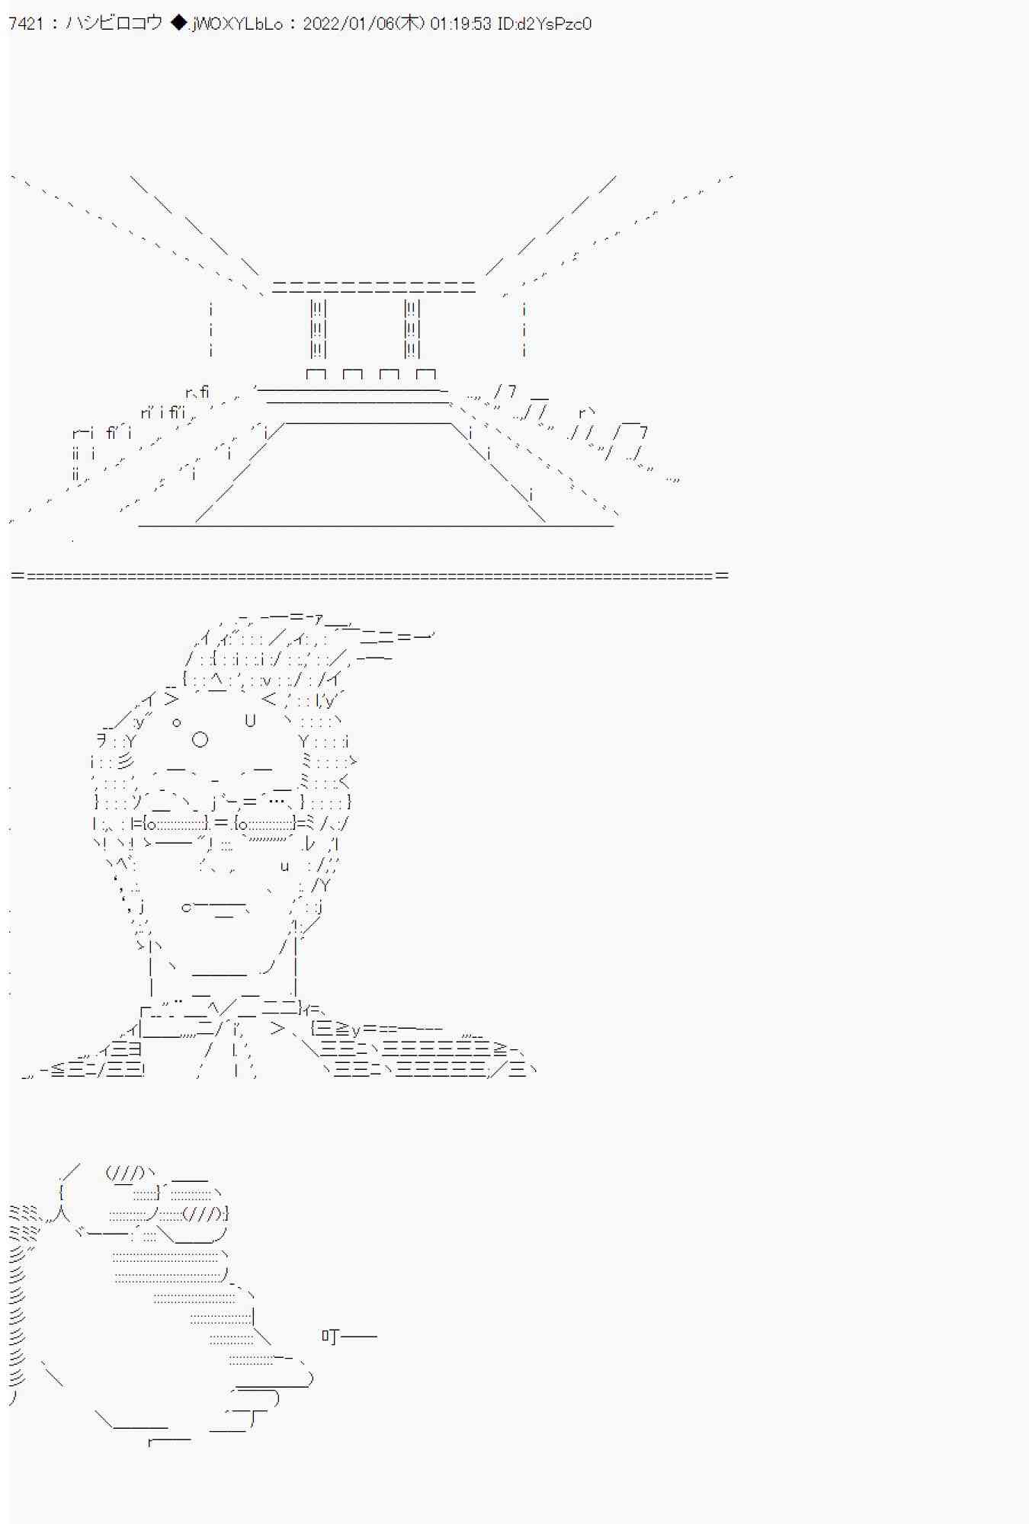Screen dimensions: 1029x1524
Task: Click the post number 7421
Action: point(26,24)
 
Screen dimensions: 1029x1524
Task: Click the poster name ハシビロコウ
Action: point(114,24)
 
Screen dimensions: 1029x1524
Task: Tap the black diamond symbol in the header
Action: point(178,24)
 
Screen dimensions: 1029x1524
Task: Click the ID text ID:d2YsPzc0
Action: point(544,24)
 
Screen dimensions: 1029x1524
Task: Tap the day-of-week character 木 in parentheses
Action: point(410,24)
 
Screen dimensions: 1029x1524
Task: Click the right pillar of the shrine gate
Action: point(412,328)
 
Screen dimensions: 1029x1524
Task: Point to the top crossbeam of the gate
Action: point(373,287)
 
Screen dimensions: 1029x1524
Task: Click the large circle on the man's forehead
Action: point(200,739)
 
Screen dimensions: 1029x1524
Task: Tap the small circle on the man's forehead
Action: point(176,722)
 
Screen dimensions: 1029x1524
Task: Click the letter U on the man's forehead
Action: point(250,720)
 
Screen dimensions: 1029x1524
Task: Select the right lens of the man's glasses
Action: point(264,823)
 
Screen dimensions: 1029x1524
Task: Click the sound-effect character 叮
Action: point(330,1335)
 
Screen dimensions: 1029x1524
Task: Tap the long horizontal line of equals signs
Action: point(370,575)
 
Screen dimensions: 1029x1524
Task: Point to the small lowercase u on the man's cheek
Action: point(284,866)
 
